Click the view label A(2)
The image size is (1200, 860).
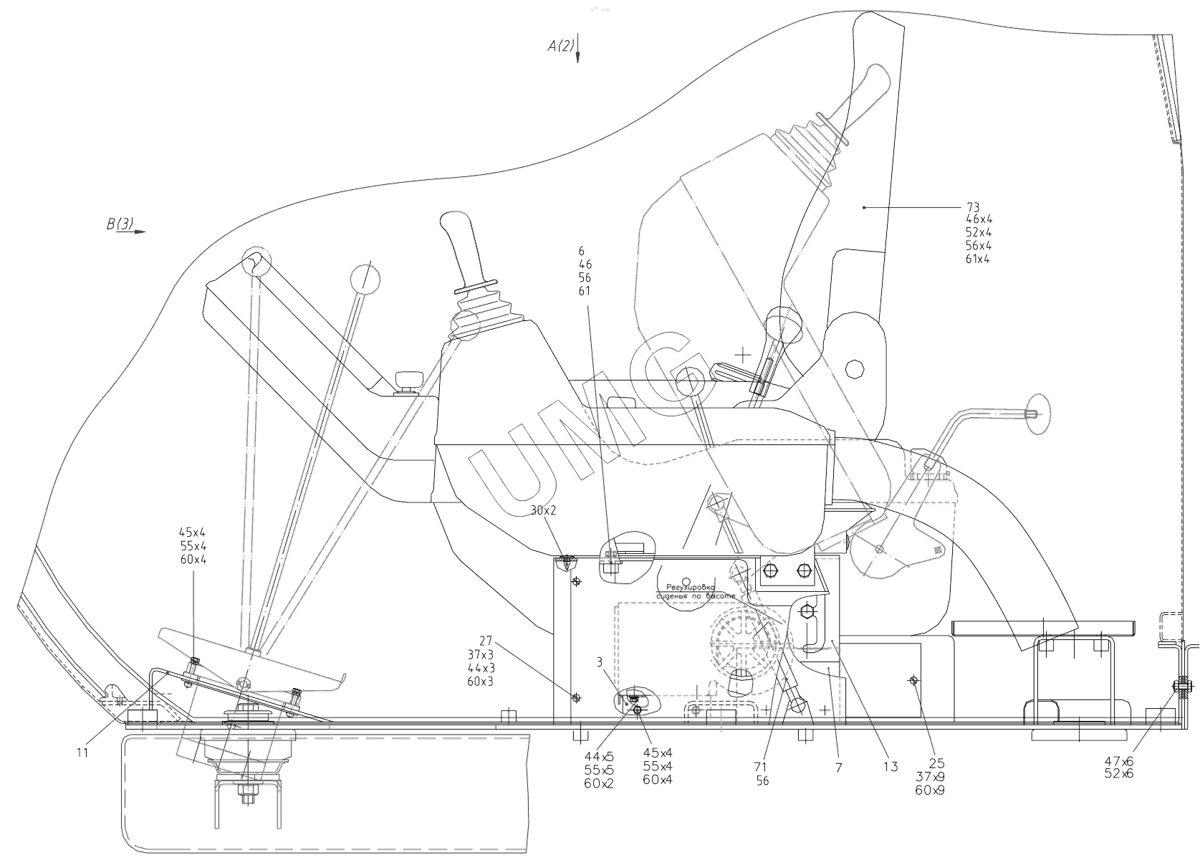click(x=561, y=47)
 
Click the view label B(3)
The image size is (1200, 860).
click(x=120, y=224)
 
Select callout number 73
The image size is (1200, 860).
click(x=972, y=208)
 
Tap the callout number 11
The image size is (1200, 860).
click(x=83, y=752)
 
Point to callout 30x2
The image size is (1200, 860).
click(x=543, y=511)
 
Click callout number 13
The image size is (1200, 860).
click(x=890, y=768)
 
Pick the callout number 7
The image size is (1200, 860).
click(x=838, y=768)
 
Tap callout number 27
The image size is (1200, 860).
click(x=486, y=641)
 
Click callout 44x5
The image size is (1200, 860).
click(x=599, y=756)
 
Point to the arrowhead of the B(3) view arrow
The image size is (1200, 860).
click(x=141, y=232)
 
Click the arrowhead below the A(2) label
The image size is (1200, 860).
click(x=577, y=60)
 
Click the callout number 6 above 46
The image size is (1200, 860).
click(x=582, y=251)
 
